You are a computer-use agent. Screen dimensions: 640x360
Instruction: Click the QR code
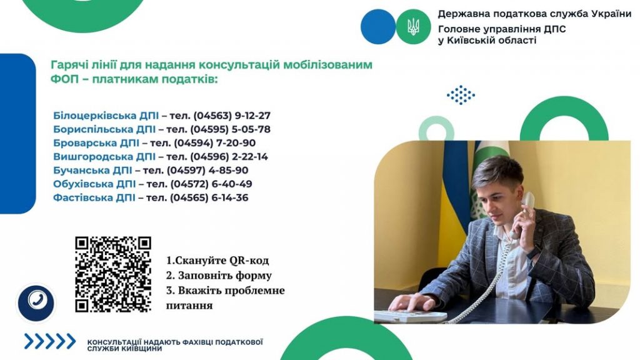coord(113,274)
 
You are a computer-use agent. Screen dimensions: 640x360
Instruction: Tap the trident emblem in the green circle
coord(413,27)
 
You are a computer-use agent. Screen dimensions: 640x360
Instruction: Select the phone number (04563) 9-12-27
coord(232,116)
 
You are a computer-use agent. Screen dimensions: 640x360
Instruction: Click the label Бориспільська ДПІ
coord(104,129)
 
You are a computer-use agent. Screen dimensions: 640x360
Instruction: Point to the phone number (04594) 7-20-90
coord(215,143)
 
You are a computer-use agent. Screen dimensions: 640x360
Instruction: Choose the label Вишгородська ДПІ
coord(104,157)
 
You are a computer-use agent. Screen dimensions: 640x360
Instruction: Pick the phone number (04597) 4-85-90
coord(207,170)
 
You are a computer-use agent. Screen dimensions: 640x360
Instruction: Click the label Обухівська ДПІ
coord(94,184)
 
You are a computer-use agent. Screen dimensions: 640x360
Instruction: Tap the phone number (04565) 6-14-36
coord(209,197)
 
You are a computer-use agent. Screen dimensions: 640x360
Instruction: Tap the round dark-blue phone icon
coord(36,302)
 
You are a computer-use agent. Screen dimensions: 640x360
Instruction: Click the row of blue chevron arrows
coord(50,341)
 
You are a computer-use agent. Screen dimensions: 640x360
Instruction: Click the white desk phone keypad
coord(410,316)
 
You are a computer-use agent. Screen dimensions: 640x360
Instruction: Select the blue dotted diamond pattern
coord(461,95)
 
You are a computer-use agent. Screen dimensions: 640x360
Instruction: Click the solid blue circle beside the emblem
coord(378,27)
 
